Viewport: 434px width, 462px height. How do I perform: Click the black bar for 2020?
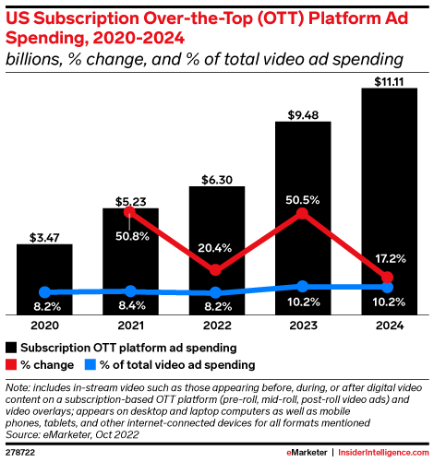tap(44, 279)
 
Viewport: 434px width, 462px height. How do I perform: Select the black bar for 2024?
tap(390, 201)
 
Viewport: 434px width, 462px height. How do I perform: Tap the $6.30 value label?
tap(217, 180)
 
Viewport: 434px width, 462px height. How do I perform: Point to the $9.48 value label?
tap(303, 115)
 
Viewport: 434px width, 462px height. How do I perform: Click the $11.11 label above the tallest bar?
tap(389, 82)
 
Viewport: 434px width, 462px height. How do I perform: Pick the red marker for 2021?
tap(129, 212)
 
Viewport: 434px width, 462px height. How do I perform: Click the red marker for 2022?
tap(215, 269)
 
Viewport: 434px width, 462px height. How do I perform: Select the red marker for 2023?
tap(302, 213)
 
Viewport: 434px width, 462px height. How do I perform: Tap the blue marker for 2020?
tap(45, 292)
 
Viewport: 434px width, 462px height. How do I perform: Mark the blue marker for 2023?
tap(303, 287)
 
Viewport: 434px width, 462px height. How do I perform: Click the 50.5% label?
tap(303, 200)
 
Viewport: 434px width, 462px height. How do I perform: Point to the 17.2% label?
tap(391, 259)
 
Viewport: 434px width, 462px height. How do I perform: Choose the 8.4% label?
tap(132, 305)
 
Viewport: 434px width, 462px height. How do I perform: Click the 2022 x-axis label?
tap(217, 326)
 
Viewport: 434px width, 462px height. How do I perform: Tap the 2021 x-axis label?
tap(131, 326)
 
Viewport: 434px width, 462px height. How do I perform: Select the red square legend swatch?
tap(11, 365)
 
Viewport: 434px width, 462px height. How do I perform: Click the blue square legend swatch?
tap(90, 365)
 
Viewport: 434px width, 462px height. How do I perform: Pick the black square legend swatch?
tap(11, 348)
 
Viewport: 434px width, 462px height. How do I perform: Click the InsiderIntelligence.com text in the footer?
tap(383, 453)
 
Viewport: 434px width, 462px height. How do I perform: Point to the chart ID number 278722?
tap(20, 453)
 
